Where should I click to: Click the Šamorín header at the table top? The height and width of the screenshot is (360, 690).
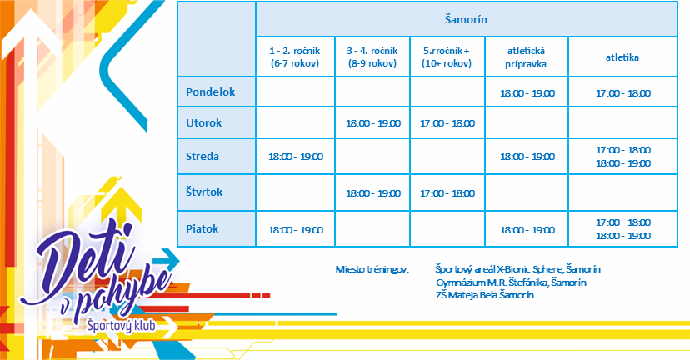tap(466, 19)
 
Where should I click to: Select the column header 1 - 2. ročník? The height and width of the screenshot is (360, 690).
tap(295, 57)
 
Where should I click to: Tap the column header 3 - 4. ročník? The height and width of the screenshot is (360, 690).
tap(372, 57)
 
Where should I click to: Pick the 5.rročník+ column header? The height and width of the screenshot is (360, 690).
tap(447, 57)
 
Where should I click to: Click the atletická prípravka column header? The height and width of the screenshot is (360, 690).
tap(526, 57)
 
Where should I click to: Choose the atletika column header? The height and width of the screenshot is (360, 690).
tap(622, 57)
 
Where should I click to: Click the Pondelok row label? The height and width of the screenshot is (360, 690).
tap(210, 92)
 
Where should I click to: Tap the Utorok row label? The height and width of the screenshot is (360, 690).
tap(203, 122)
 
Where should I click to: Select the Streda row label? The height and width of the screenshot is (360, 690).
tap(202, 156)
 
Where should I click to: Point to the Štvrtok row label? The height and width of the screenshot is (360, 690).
tap(204, 192)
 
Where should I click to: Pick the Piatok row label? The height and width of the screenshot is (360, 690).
tap(202, 229)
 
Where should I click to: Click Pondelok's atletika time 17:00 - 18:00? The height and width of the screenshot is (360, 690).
tap(623, 93)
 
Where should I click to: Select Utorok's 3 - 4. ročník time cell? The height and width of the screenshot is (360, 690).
tap(373, 123)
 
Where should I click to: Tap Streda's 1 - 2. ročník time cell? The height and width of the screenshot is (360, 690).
tap(296, 157)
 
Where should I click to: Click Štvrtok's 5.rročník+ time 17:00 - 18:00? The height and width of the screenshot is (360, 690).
tap(447, 193)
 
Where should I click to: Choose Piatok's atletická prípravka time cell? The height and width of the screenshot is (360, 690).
tap(527, 230)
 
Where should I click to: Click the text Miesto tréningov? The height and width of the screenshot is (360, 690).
tap(372, 269)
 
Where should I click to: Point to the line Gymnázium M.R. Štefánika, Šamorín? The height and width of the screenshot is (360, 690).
tap(511, 282)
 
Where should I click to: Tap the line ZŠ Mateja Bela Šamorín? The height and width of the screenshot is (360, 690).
tap(485, 295)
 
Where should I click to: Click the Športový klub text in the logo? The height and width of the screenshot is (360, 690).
tap(121, 325)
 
